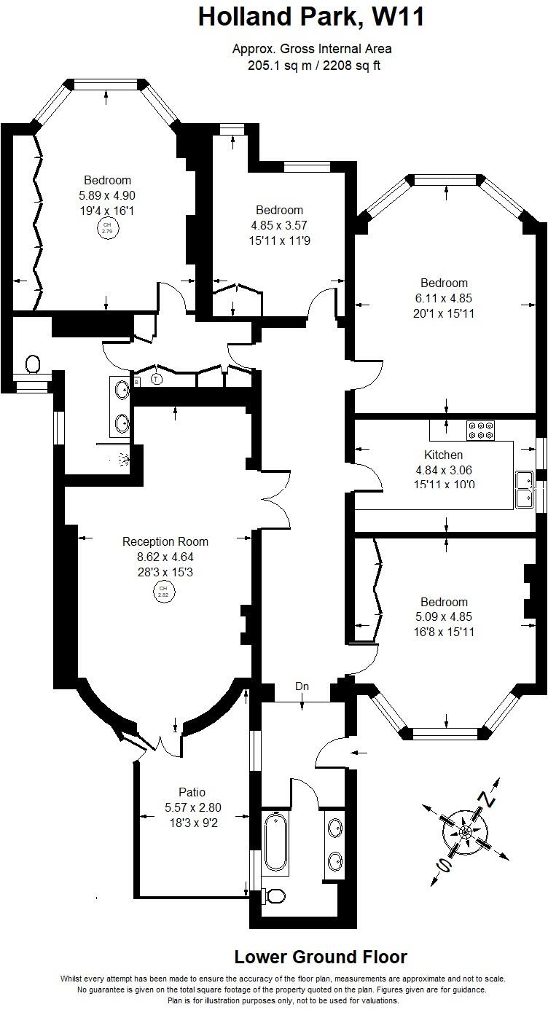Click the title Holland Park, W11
311,17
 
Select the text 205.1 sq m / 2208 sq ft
311,66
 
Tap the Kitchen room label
444,455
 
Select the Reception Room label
165,541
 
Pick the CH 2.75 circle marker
107,228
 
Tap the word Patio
192,792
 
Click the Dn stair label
302,686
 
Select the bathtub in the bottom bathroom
275,842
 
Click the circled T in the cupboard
156,379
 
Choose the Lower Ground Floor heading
320,957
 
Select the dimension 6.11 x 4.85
444,298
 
